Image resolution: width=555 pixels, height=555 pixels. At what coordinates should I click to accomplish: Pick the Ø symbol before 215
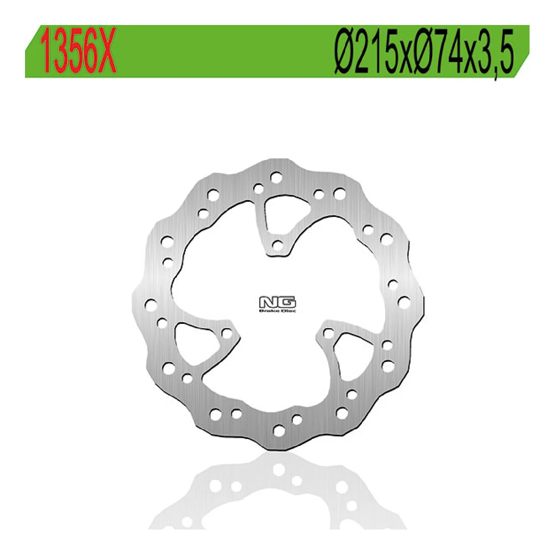(x=345, y=52)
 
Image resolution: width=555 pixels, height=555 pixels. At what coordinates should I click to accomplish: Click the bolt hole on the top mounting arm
(x=277, y=246)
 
